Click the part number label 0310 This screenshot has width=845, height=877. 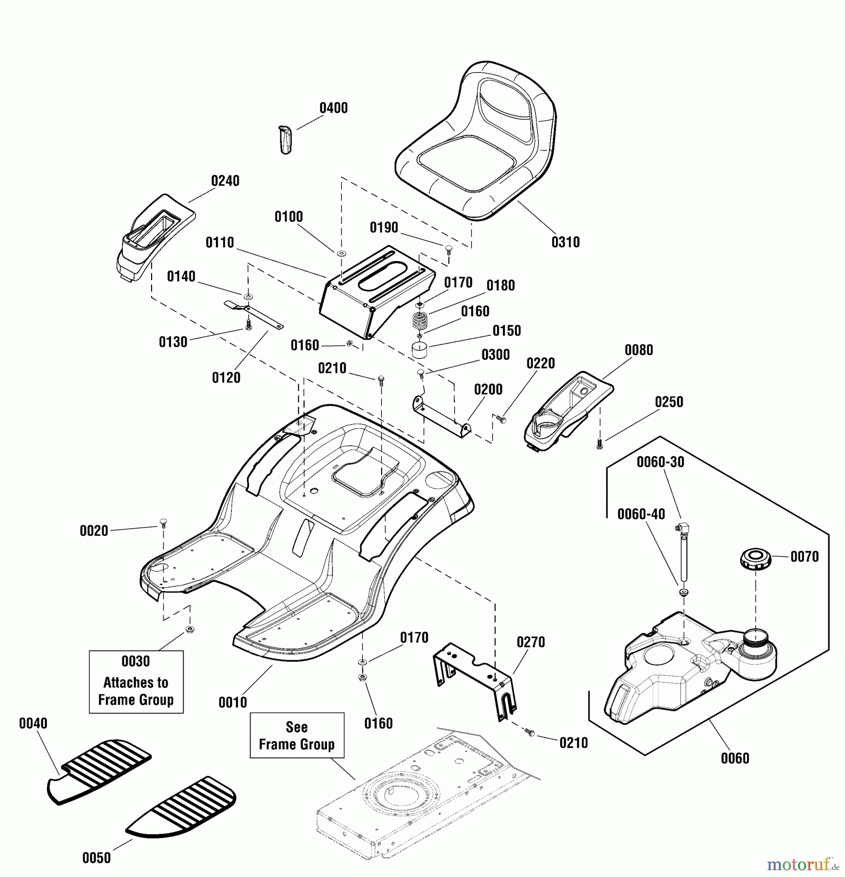tap(565, 242)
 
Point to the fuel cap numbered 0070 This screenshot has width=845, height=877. tap(755, 558)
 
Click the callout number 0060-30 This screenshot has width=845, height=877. tap(660, 462)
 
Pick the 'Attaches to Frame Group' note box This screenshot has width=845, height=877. tap(136, 682)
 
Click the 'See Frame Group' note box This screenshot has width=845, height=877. tap(297, 735)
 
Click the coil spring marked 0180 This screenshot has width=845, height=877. tap(420, 322)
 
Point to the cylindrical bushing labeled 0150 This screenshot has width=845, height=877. tap(420, 350)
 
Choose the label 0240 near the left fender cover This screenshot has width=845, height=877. tap(225, 181)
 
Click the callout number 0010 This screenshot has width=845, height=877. tap(232, 702)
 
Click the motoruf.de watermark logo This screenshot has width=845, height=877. tap(802, 864)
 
